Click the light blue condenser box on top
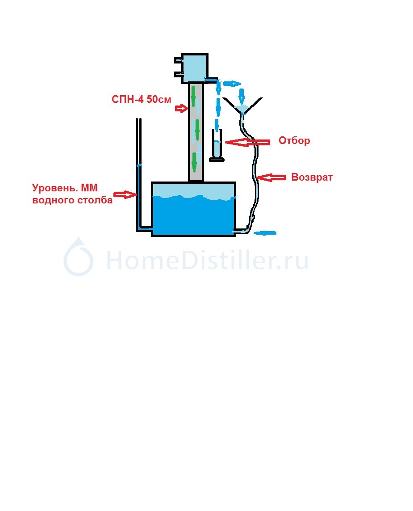coord(195,68)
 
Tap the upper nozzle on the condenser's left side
coord(178,60)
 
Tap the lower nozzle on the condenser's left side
coord(178,74)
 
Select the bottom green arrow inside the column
coord(194,162)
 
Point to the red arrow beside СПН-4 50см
coord(182,108)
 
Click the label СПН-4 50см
coord(141,99)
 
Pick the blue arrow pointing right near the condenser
coord(232,84)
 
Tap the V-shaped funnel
coord(242,106)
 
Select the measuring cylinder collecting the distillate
coord(217,145)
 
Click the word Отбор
coord(294,140)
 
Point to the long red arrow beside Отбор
coord(248,142)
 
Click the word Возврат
coord(312,177)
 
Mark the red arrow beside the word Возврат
coord(271,177)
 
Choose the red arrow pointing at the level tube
coord(125,194)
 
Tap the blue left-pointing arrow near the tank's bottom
coord(265,233)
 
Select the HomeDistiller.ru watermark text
coord(207,260)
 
